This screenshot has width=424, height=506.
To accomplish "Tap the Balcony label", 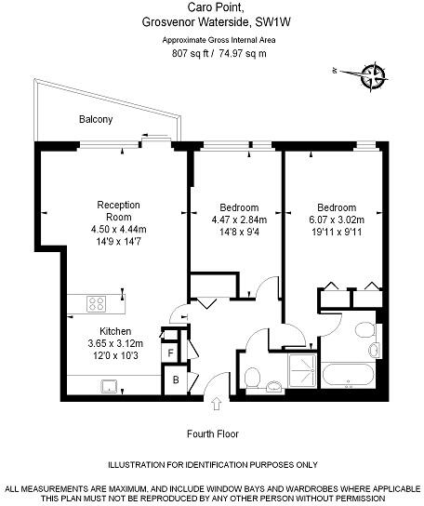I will (96, 119).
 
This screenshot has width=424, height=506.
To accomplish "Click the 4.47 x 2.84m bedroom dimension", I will (239, 220).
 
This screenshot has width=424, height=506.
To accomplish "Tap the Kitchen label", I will (115, 331).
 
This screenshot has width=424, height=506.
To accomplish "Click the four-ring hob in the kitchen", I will (98, 302).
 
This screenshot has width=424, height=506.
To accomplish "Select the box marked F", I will (171, 353).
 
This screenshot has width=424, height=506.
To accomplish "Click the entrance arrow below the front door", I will (218, 403).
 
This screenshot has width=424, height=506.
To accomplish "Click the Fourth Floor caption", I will (212, 433).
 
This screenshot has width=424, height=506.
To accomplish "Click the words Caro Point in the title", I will (213, 7).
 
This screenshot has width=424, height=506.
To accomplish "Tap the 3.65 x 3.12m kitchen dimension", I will (115, 343).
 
